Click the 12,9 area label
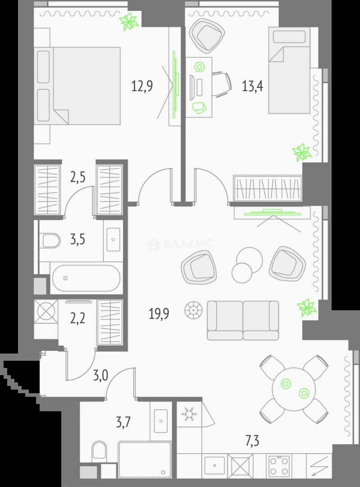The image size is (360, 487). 142,86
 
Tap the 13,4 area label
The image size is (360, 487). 253,86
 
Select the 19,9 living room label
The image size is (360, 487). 159,314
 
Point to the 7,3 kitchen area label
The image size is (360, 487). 252,441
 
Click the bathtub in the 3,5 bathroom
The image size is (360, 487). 86,278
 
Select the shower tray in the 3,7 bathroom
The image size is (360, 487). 145,459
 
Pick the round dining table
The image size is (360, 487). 294,390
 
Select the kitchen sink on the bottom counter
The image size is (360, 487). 214,465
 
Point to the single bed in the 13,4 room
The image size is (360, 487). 289,70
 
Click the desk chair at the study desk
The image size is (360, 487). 222,84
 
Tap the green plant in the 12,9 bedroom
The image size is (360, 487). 129,22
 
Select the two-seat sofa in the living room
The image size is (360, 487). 243,320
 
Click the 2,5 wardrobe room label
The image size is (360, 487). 77,178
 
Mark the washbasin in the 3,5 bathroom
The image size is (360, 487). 113,239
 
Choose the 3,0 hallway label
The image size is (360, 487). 101,376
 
